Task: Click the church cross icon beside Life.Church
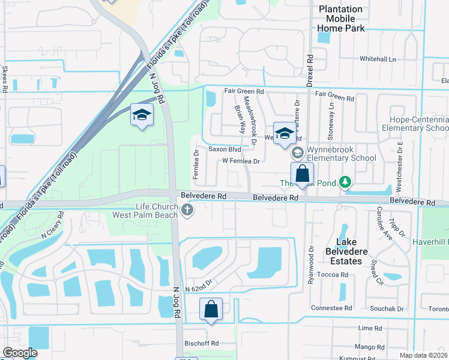[188, 209]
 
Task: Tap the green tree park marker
[345, 181]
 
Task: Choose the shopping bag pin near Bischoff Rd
[211, 310]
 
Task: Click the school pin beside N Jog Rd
[142, 115]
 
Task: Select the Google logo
[20, 353]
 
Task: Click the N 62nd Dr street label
[200, 289]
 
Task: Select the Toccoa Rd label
[334, 274]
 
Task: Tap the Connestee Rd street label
[331, 308]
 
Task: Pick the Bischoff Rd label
[202, 344]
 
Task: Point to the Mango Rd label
[370, 347]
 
